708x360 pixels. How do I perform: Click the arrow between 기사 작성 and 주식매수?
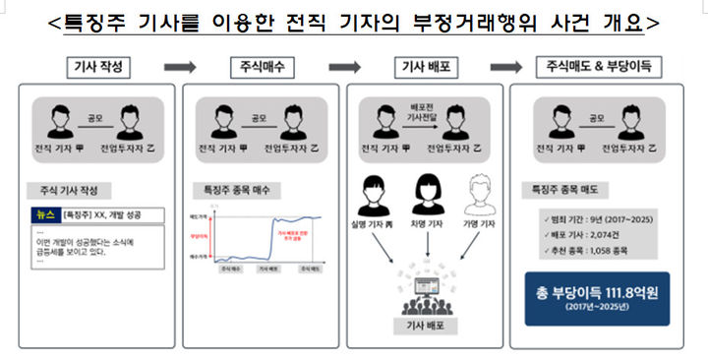point(179,68)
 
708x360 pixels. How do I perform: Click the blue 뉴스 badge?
point(45,212)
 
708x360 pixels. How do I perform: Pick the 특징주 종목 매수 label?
point(237,189)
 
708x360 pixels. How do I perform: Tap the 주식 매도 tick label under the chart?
point(309,268)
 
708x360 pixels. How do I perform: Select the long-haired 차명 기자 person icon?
point(428,194)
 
